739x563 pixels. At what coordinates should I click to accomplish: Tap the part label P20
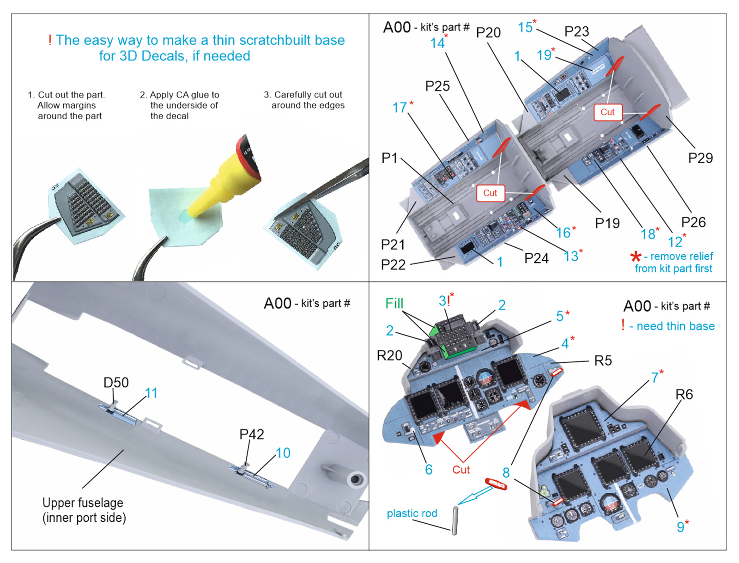(488, 33)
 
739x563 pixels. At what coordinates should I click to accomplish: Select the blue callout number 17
(400, 108)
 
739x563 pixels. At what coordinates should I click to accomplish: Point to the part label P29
(700, 158)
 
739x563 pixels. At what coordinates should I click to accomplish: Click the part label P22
(393, 265)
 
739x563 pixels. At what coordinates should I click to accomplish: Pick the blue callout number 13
(571, 257)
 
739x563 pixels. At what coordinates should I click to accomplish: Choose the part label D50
(116, 382)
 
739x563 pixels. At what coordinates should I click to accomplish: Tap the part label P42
(252, 434)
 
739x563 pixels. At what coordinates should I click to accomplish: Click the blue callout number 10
(283, 453)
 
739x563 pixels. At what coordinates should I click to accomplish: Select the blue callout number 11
(151, 393)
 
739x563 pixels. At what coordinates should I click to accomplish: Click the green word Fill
(394, 304)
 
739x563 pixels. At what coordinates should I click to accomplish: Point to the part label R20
(389, 355)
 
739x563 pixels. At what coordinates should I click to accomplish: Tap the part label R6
(684, 395)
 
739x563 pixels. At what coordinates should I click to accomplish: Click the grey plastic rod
(455, 520)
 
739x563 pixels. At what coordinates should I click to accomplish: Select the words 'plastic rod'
(412, 514)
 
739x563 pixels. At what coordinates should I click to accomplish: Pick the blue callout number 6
(429, 470)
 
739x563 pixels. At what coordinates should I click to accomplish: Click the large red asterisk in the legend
(636, 257)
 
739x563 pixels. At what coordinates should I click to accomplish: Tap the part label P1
(389, 158)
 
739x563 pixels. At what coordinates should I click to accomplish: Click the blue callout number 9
(680, 527)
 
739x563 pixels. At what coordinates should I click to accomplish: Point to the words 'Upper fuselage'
(83, 503)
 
